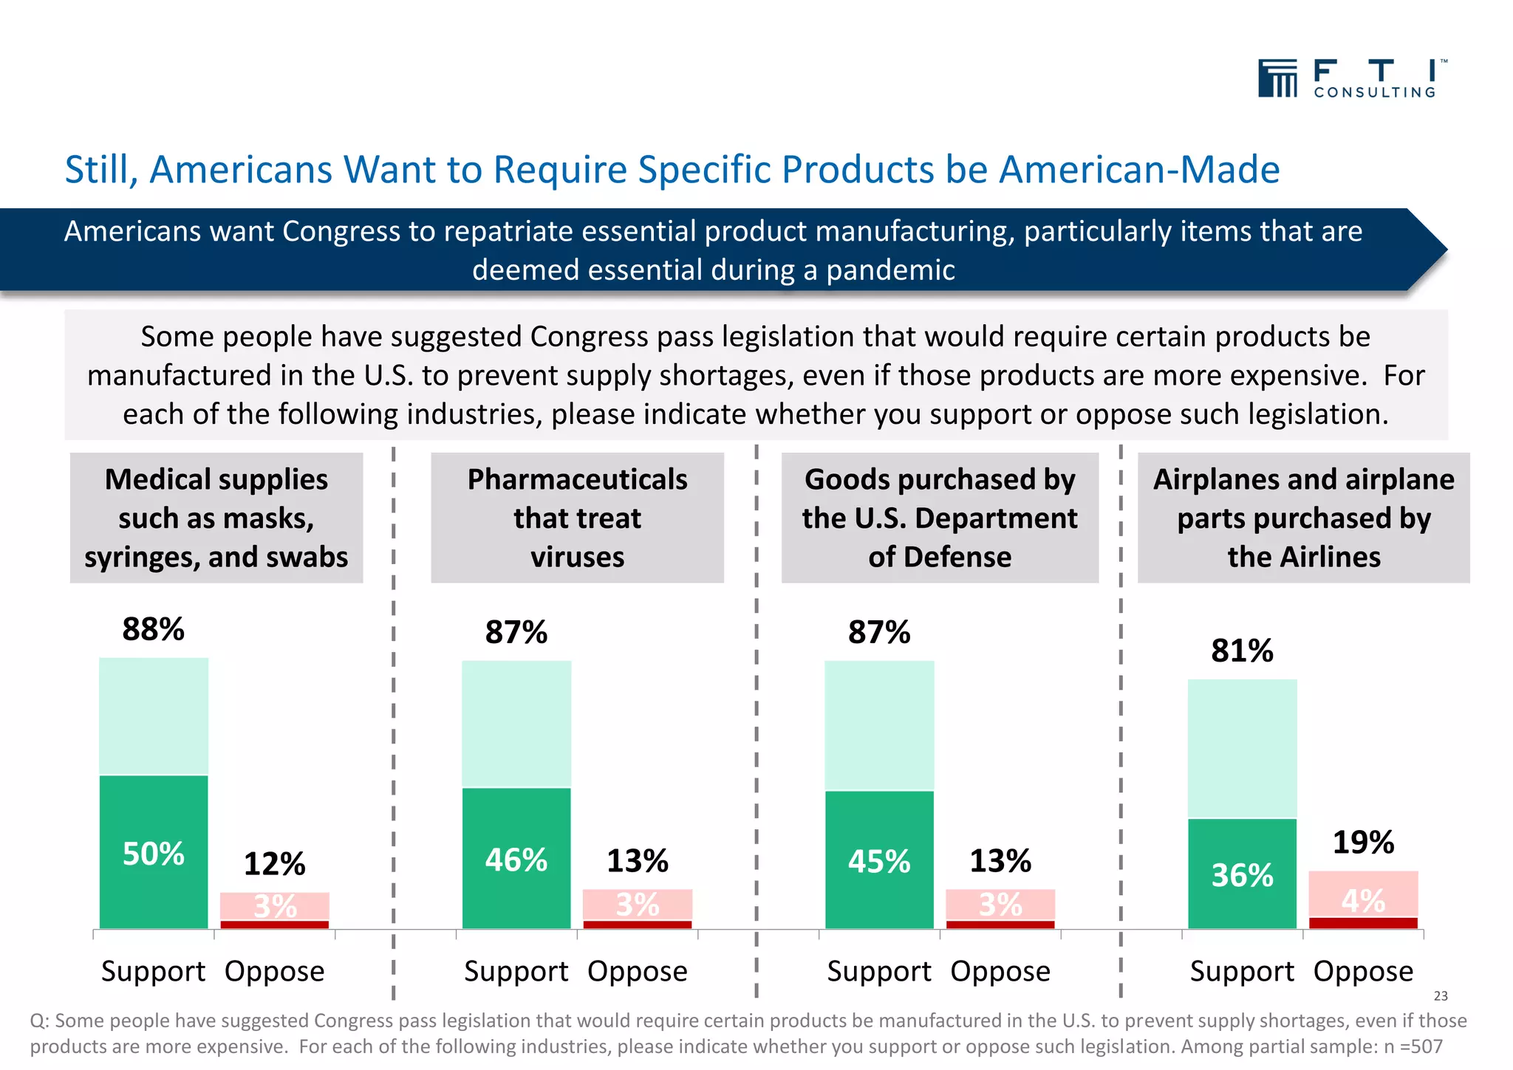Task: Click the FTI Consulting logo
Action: [1352, 78]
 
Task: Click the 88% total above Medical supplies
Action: [153, 630]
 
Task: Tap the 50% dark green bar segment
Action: [153, 853]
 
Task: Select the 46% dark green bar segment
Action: [516, 860]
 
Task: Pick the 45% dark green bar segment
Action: [878, 861]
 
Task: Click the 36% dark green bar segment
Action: [1242, 875]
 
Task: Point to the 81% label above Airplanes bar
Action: [1242, 651]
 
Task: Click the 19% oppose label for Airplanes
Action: [1363, 843]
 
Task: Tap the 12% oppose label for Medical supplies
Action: [274, 864]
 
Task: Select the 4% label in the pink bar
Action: [1363, 900]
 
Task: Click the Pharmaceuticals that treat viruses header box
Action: [577, 518]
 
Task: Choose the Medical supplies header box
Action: [216, 518]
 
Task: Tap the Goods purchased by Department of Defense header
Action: [940, 518]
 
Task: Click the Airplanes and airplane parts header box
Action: [1303, 518]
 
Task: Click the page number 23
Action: [1441, 996]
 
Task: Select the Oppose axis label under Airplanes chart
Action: [1363, 971]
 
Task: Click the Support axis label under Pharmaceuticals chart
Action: [516, 971]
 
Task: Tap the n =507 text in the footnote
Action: [1412, 1046]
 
